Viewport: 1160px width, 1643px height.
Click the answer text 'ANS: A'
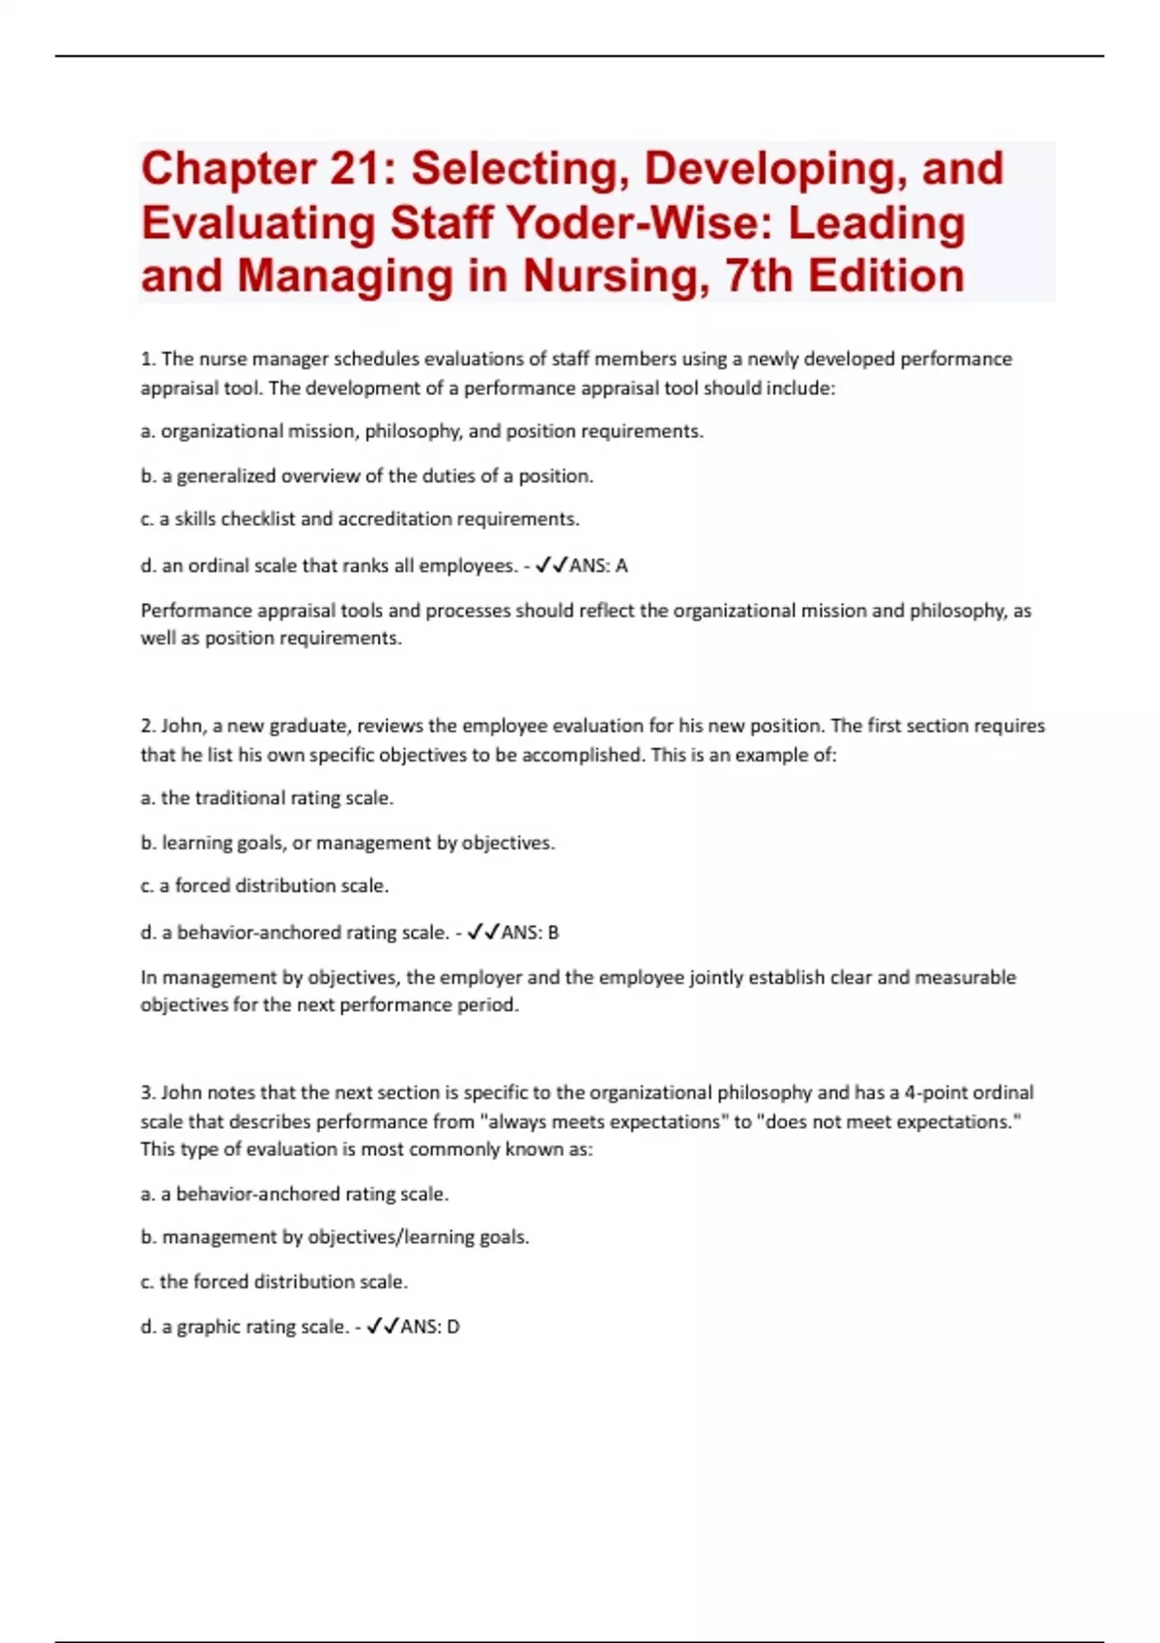[x=598, y=565]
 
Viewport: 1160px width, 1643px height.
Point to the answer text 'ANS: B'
[x=530, y=933]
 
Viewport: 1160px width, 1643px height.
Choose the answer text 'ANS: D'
[x=430, y=1327]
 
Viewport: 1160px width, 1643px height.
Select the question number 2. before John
[x=148, y=726]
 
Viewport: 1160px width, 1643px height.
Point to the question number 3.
[x=148, y=1093]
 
